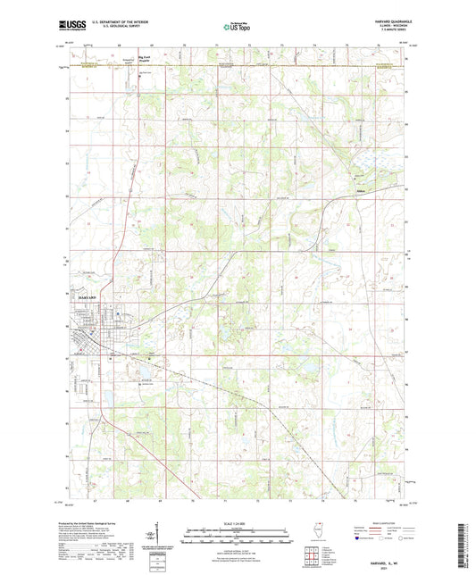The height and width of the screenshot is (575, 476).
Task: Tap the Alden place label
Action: [359, 190]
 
